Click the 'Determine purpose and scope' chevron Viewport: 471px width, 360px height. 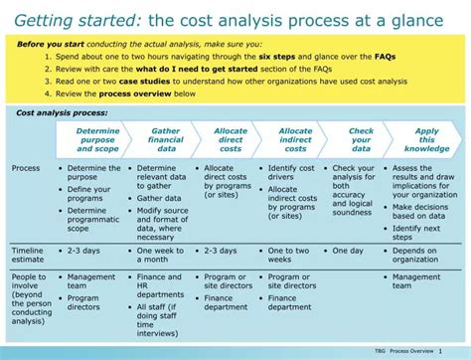(97, 139)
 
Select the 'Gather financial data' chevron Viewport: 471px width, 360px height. (165, 139)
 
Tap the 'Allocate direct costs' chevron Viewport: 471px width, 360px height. (231, 139)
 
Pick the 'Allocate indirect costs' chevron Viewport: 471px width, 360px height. (295, 139)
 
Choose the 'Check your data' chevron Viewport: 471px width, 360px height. (361, 139)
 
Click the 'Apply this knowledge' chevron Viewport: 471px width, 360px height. (426, 139)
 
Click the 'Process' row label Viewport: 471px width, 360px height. (26, 168)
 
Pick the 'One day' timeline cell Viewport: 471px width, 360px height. (349, 251)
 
